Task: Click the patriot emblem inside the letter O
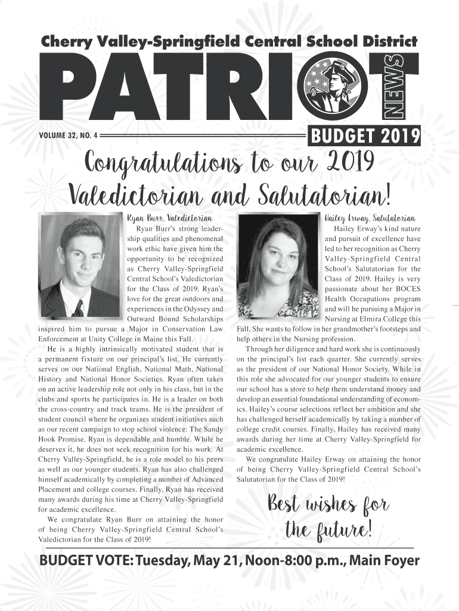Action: (x=336, y=88)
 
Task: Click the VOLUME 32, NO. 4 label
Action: (x=66, y=135)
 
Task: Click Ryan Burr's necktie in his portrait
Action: (x=78, y=308)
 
